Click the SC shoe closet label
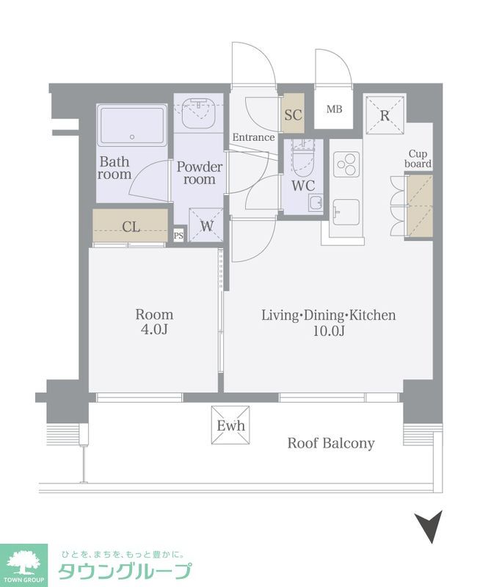(x=293, y=114)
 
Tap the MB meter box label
(x=334, y=109)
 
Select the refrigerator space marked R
(x=385, y=115)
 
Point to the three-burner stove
(x=346, y=164)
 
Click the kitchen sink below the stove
(x=346, y=212)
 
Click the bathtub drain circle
(x=132, y=137)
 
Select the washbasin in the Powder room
(x=198, y=113)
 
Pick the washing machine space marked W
(x=206, y=225)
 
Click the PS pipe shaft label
(x=178, y=236)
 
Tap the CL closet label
(x=131, y=227)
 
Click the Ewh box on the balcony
(x=230, y=426)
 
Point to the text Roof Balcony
(x=331, y=443)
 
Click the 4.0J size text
(x=154, y=329)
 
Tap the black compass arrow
(x=429, y=525)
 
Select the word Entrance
(x=253, y=137)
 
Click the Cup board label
(x=418, y=158)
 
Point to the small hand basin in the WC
(x=316, y=203)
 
